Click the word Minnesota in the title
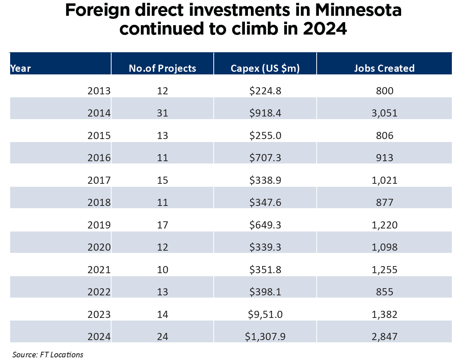pyautogui.click(x=358, y=11)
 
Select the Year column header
pyautogui.click(x=21, y=68)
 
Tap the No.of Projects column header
pyautogui.click(x=162, y=68)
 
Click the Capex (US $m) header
pyautogui.click(x=265, y=68)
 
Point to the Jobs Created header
pyautogui.click(x=384, y=68)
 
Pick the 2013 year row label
pyautogui.click(x=99, y=91)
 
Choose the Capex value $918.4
pyautogui.click(x=265, y=113)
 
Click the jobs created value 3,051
pyautogui.click(x=384, y=113)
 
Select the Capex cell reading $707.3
pyautogui.click(x=265, y=157)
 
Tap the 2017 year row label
pyautogui.click(x=99, y=180)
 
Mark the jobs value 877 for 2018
pyautogui.click(x=384, y=203)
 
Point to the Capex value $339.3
pyautogui.click(x=265, y=247)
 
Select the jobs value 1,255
pyautogui.click(x=384, y=269)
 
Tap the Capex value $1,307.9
pyautogui.click(x=265, y=336)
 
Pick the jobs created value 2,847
pyautogui.click(x=384, y=336)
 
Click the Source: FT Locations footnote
pyautogui.click(x=48, y=354)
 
